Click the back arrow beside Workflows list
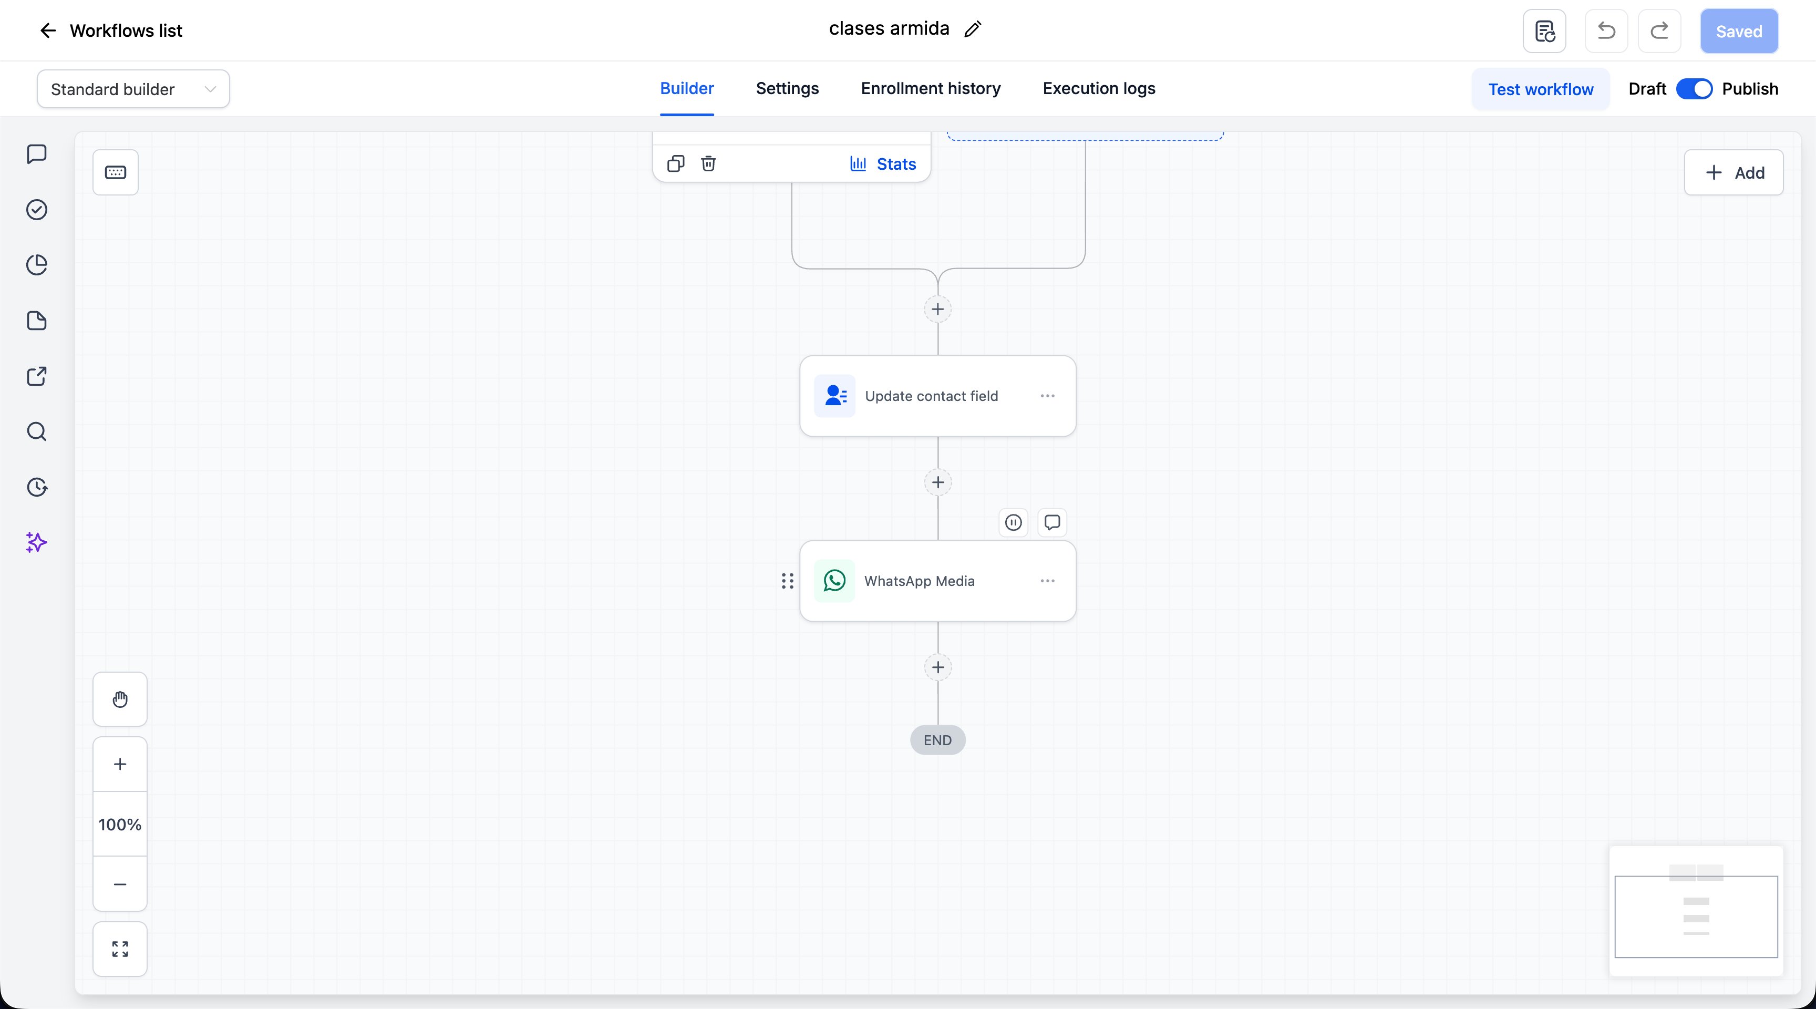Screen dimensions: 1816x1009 [48, 30]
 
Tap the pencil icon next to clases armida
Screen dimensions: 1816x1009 [973, 29]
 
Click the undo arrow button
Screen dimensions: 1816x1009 [1606, 31]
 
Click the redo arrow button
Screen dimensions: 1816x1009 [1659, 31]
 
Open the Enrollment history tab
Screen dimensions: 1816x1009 [931, 88]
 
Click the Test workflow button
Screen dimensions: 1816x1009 [1540, 89]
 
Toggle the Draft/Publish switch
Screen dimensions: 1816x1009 [1694, 89]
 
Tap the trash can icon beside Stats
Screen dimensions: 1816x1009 [708, 163]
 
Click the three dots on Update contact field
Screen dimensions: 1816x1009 [1048, 396]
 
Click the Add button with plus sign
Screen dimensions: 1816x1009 [1734, 173]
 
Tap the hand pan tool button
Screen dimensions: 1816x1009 [120, 699]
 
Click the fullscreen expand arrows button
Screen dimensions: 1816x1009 [120, 949]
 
